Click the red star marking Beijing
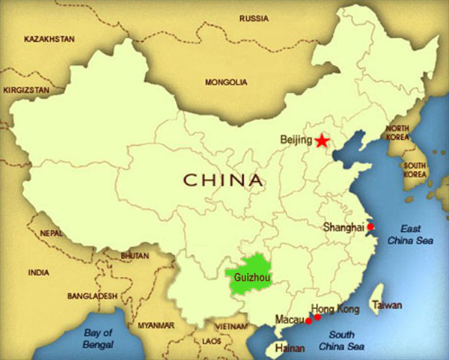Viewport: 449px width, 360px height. (x=322, y=141)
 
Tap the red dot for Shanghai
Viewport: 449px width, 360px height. (x=370, y=226)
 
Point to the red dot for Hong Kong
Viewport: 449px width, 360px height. (x=317, y=317)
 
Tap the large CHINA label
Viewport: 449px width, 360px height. (x=224, y=180)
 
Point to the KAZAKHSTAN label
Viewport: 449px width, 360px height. (x=51, y=37)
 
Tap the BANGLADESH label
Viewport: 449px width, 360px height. (x=92, y=295)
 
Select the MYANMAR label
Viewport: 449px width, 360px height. (x=156, y=326)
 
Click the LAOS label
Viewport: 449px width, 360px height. (x=212, y=341)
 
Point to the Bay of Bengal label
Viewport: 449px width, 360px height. (x=97, y=338)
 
